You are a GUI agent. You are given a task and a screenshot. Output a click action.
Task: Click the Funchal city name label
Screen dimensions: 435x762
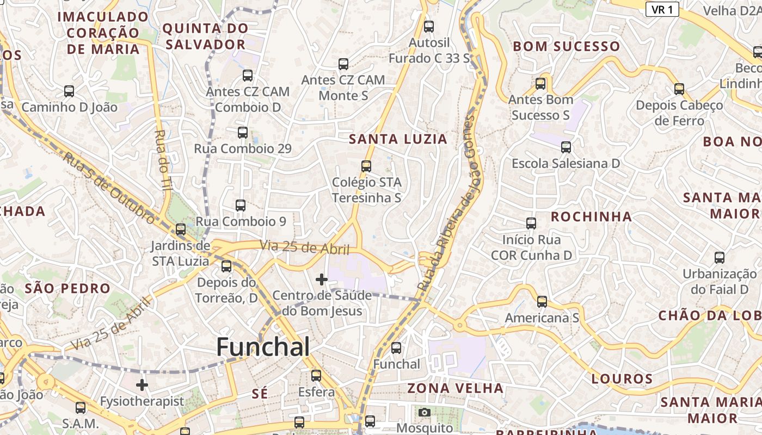point(263,347)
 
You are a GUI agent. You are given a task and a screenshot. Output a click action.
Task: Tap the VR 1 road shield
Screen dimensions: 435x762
point(662,9)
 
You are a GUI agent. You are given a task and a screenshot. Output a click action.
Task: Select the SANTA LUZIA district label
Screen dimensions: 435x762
point(398,139)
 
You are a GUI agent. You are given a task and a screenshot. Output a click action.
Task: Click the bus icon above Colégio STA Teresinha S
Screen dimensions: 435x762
point(366,166)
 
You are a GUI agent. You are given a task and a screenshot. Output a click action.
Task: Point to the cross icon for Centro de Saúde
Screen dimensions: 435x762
point(322,279)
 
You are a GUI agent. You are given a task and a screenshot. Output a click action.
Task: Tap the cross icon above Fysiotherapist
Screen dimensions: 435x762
point(142,385)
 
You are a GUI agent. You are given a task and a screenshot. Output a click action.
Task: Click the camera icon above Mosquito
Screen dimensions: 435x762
point(425,413)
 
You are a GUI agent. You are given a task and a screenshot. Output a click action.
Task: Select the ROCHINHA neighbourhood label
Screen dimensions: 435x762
point(591,217)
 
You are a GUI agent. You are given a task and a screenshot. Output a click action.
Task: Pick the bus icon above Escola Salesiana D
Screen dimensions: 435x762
point(566,147)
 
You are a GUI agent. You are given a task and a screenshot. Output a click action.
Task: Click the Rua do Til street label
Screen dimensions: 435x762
point(162,158)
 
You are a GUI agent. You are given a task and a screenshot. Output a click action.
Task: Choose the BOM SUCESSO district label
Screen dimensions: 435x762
point(566,47)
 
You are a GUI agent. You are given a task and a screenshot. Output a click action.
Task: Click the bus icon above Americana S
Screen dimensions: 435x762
point(542,302)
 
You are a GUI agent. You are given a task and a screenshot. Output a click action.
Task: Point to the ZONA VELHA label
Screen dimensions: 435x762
point(456,388)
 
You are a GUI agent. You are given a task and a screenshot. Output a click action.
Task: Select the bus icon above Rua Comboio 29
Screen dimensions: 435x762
point(243,133)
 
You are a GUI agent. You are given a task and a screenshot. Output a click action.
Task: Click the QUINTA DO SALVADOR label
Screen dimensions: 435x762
point(205,36)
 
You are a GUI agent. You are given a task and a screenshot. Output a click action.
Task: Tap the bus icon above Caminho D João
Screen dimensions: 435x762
point(69,91)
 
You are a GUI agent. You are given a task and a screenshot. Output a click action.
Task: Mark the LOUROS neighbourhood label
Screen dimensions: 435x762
point(622,379)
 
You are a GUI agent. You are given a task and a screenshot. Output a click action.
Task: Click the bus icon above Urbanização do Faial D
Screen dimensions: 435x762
point(720,258)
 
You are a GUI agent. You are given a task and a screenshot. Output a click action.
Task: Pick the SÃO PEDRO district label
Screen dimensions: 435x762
point(67,288)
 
